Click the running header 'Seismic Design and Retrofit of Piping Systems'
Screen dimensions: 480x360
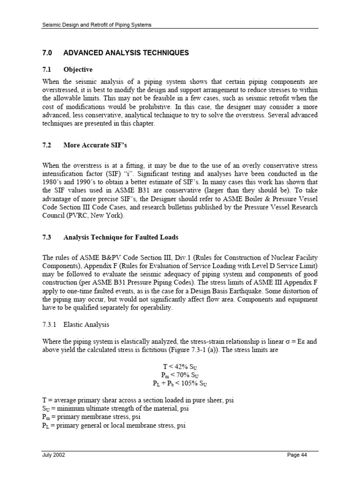coord(97,24)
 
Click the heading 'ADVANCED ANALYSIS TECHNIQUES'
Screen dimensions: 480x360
coord(126,53)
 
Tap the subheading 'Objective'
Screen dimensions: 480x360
coord(78,69)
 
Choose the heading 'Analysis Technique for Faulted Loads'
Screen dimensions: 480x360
coord(120,238)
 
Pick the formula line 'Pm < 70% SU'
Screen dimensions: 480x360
coord(180,375)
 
